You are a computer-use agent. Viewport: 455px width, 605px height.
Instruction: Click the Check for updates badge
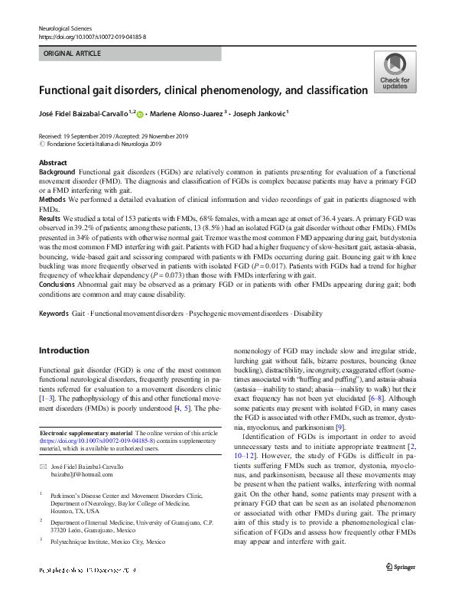tap(394, 73)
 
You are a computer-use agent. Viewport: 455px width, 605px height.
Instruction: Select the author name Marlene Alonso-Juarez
tap(187, 115)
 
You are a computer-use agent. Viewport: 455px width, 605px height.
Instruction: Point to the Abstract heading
tap(53, 164)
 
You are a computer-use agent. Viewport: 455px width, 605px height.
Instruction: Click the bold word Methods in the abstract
tap(53, 200)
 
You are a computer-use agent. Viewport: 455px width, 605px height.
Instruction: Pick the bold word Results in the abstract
tap(50, 218)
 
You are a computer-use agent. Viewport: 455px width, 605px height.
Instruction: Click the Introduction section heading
tap(63, 350)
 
